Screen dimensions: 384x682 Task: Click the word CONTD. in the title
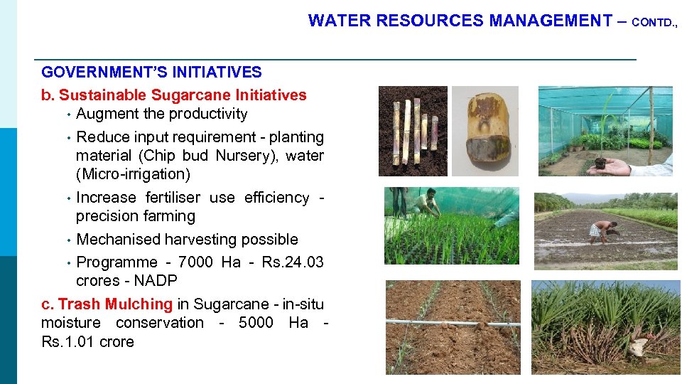[654, 22]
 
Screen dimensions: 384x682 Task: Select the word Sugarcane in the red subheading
[188, 95]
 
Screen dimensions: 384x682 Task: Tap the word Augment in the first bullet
[107, 114]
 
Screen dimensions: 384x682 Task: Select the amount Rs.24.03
[292, 262]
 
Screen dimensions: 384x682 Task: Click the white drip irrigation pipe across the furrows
[453, 324]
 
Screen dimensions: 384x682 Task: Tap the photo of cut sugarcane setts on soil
[413, 131]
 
